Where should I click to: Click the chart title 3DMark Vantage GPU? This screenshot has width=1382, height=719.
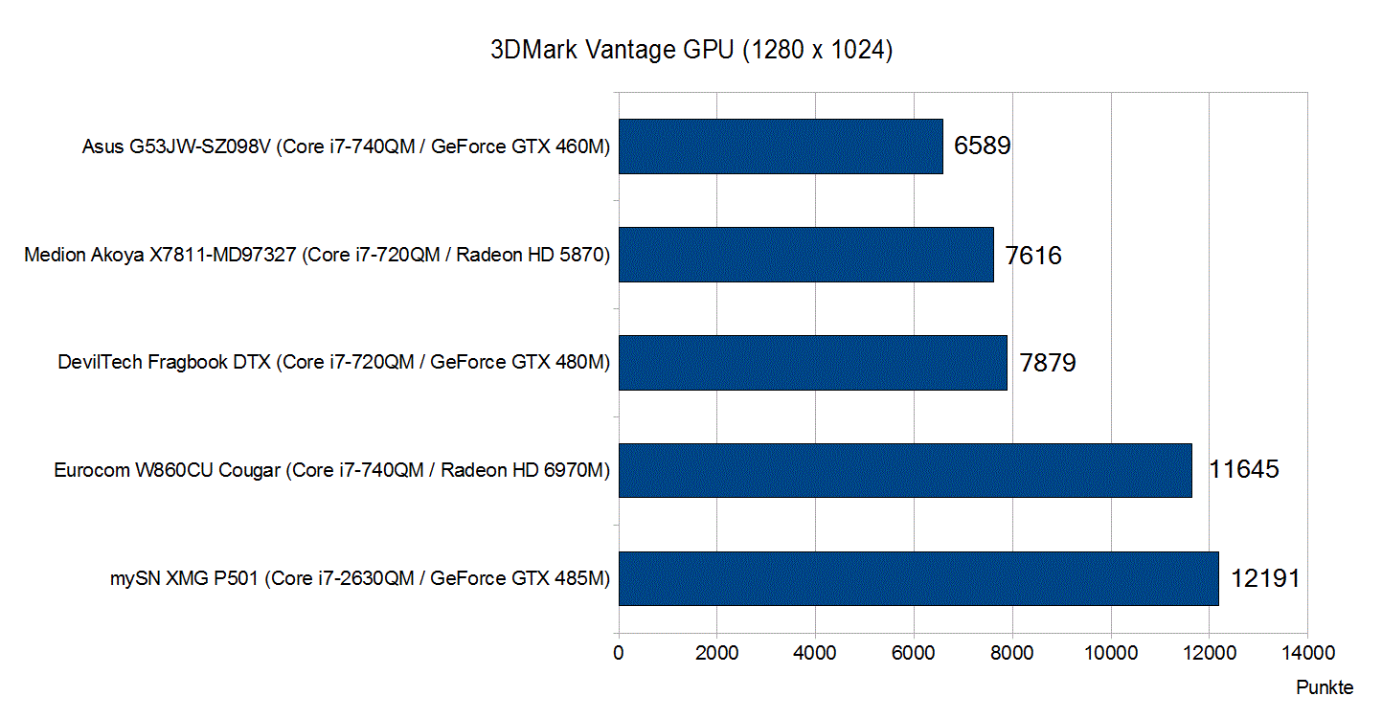[691, 52]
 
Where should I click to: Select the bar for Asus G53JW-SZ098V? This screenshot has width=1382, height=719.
[781, 146]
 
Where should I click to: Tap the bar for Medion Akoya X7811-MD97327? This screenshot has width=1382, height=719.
[805, 255]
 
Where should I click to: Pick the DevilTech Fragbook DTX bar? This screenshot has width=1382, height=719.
[812, 363]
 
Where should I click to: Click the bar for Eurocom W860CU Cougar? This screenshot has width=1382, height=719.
[905, 470]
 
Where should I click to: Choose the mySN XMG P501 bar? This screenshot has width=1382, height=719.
[918, 578]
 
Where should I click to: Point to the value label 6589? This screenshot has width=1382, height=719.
[983, 146]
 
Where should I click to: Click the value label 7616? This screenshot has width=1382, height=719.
[1033, 256]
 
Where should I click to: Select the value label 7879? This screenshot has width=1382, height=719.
[1047, 364]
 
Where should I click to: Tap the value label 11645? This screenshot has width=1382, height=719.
[1243, 471]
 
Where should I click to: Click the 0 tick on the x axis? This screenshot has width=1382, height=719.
[619, 654]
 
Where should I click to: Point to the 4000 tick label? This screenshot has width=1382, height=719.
[815, 654]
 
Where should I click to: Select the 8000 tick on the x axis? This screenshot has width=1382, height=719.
[1011, 654]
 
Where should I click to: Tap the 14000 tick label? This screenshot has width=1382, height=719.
[1307, 654]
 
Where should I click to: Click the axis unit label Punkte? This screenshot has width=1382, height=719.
[1325, 687]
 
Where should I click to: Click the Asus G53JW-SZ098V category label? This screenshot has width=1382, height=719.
[347, 147]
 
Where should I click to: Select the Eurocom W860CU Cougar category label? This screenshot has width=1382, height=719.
[332, 471]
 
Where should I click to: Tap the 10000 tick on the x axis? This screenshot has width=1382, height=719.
[1110, 654]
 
